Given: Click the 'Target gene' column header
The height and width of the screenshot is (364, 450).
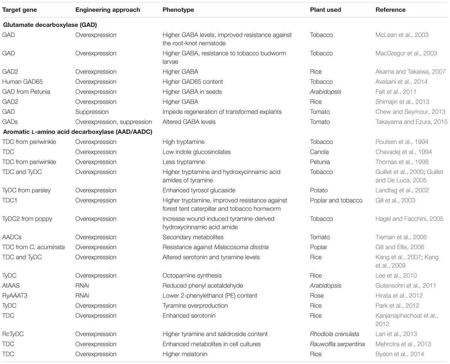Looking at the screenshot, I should [x=18, y=10].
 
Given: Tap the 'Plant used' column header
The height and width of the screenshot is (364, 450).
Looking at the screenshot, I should [x=325, y=10].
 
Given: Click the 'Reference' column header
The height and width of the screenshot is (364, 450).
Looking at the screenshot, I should [x=390, y=10].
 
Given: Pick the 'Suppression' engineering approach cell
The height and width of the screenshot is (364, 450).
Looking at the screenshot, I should [x=92, y=112].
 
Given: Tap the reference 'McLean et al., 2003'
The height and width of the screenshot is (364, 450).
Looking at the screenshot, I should [x=402, y=35].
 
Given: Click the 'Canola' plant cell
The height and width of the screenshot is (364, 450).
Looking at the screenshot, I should [x=319, y=152].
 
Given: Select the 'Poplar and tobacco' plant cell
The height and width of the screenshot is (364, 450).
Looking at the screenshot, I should [x=336, y=200].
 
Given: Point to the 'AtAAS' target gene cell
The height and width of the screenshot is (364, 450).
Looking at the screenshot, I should [x=11, y=285].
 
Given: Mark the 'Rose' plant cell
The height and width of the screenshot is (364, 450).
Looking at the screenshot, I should [x=317, y=296].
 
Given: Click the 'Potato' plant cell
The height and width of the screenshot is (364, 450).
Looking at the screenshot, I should [x=319, y=190].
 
